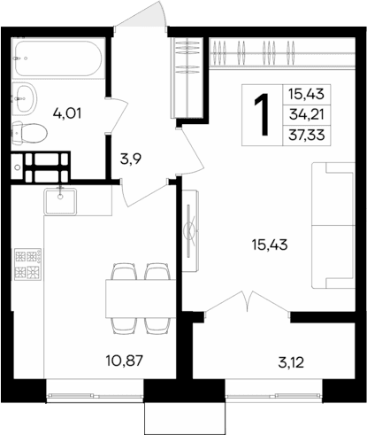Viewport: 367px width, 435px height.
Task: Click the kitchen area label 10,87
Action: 120,361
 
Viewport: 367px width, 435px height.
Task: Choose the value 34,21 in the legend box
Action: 304,113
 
